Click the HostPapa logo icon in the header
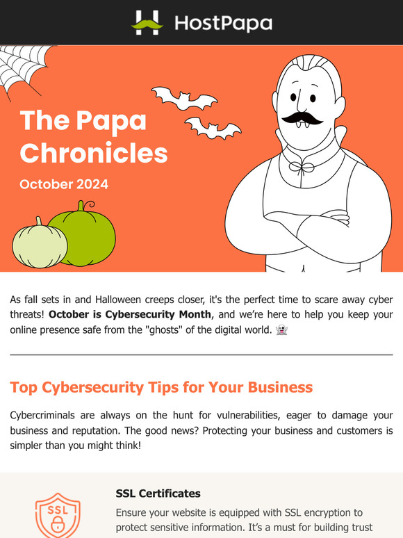pyautogui.click(x=147, y=22)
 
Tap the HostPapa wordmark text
pyautogui.click(x=222, y=23)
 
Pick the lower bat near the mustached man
pyautogui.click(x=213, y=127)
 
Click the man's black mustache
pyautogui.click(x=302, y=117)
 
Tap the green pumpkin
pyautogui.click(x=82, y=234)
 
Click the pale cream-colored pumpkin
pyautogui.click(x=39, y=244)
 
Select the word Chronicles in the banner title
pyautogui.click(x=94, y=152)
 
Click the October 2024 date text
pyautogui.click(x=64, y=185)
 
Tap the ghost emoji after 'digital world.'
pyautogui.click(x=281, y=330)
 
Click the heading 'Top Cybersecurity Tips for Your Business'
pyautogui.click(x=161, y=386)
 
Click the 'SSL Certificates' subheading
pyautogui.click(x=158, y=494)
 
